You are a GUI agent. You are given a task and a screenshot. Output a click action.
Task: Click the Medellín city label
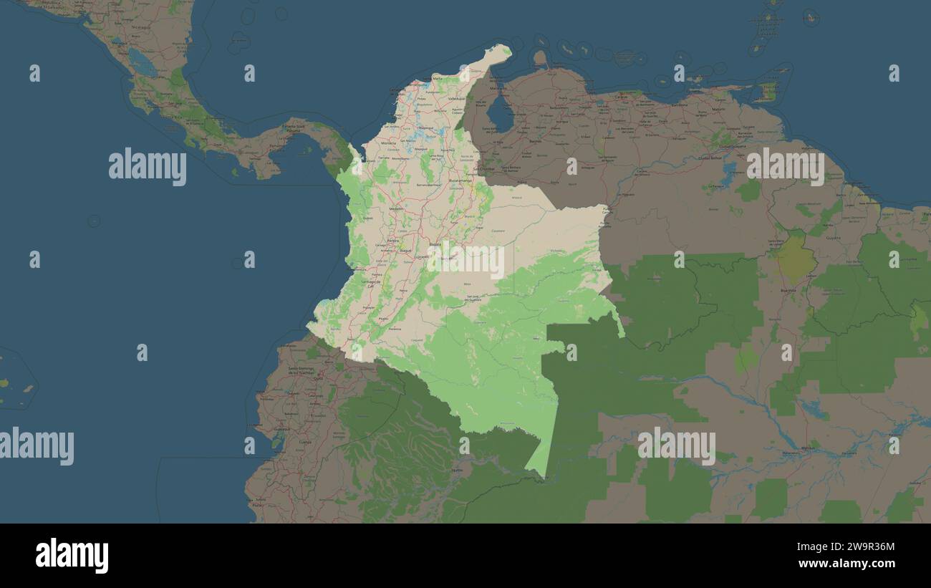[395, 208]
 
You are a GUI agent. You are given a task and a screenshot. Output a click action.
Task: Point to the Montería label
[387, 143]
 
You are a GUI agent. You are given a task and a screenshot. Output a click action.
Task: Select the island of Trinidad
[767, 92]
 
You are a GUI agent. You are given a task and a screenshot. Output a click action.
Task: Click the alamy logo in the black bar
[72, 556]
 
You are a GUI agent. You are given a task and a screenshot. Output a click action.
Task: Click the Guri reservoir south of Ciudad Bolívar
[729, 170]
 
